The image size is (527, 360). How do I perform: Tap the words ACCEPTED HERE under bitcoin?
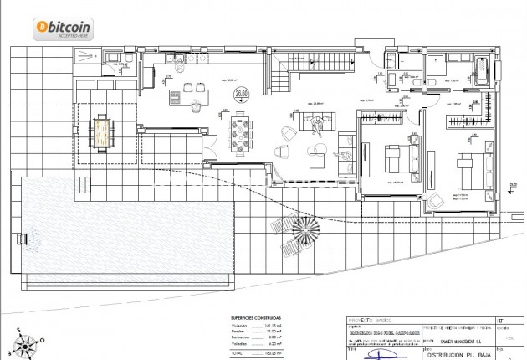(72, 36)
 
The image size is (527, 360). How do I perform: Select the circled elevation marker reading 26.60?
(242, 94)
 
